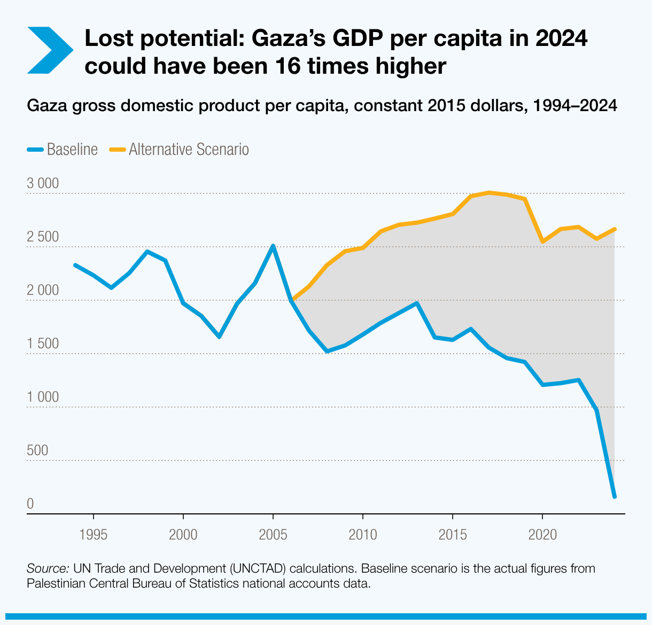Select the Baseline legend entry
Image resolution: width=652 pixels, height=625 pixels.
[x=63, y=149]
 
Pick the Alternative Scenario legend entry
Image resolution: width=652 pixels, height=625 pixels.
[x=179, y=149]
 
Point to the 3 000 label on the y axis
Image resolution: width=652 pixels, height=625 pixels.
[x=42, y=183]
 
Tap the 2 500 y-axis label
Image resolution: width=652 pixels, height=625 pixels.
[x=42, y=237]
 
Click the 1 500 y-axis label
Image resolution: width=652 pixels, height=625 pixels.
[x=42, y=343]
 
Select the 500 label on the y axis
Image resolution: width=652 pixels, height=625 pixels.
[x=37, y=450]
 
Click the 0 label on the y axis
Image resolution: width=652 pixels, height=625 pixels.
[x=30, y=504]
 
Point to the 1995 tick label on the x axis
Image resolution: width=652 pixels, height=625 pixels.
[x=94, y=534]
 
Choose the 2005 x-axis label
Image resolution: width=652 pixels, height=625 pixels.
[x=273, y=534]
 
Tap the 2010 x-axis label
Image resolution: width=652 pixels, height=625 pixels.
[x=363, y=534]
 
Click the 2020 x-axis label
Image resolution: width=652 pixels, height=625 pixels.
[x=542, y=534]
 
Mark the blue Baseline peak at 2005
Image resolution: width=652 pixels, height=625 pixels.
[x=273, y=246]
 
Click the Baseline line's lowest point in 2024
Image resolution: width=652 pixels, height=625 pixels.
[x=615, y=497]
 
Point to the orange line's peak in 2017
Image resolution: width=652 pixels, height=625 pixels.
[x=489, y=192]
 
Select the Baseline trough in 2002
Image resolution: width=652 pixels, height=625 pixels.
[x=219, y=337]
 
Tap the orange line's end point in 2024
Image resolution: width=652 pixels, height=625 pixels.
[x=615, y=229]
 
